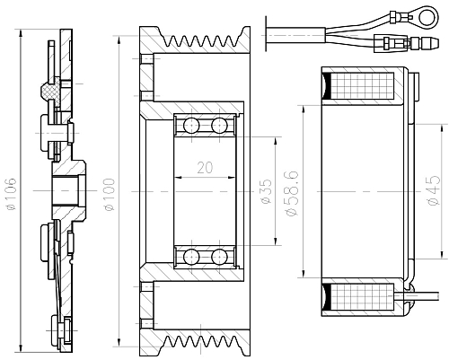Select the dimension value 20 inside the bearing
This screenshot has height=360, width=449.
click(204, 167)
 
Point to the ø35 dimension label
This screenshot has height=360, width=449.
click(267, 193)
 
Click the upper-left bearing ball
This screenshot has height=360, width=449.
click(190, 124)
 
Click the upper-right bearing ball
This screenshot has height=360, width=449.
click(218, 124)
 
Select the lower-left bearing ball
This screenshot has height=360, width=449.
click(190, 258)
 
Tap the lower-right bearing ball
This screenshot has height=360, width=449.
click(218, 258)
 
